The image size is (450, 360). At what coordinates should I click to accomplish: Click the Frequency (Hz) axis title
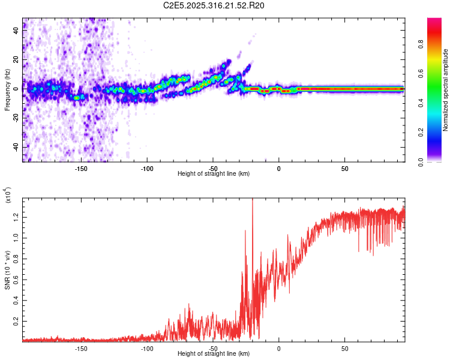coord(7,89)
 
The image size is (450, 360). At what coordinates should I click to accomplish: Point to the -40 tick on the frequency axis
coord(17,147)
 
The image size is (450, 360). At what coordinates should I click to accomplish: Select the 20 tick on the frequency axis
coord(17,60)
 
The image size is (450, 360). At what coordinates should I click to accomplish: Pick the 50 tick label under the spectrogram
coord(344,169)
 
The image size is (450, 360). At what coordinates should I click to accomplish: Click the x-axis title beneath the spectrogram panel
coord(214,174)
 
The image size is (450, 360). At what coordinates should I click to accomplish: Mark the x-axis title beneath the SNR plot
coord(214,354)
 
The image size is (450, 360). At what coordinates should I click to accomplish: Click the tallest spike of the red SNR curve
coord(253,200)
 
